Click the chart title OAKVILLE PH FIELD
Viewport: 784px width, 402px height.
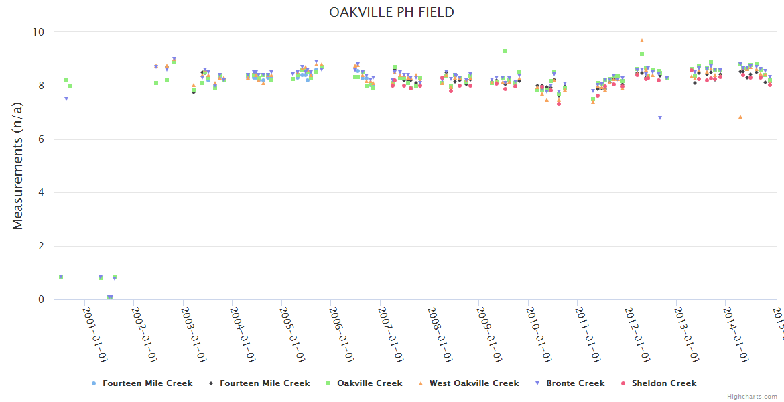(391, 12)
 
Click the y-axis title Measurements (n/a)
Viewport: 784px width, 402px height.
(18, 165)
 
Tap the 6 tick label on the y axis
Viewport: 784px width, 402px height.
(40, 139)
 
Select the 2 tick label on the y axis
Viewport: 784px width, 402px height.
(40, 247)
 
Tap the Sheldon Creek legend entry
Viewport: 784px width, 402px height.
(663, 383)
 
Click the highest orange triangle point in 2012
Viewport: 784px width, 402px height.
(641, 41)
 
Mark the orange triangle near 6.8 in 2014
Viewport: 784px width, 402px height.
(740, 117)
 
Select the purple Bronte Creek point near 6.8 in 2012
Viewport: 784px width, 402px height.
(659, 118)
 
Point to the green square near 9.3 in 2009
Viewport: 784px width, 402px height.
(505, 51)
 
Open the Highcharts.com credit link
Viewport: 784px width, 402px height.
(753, 397)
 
